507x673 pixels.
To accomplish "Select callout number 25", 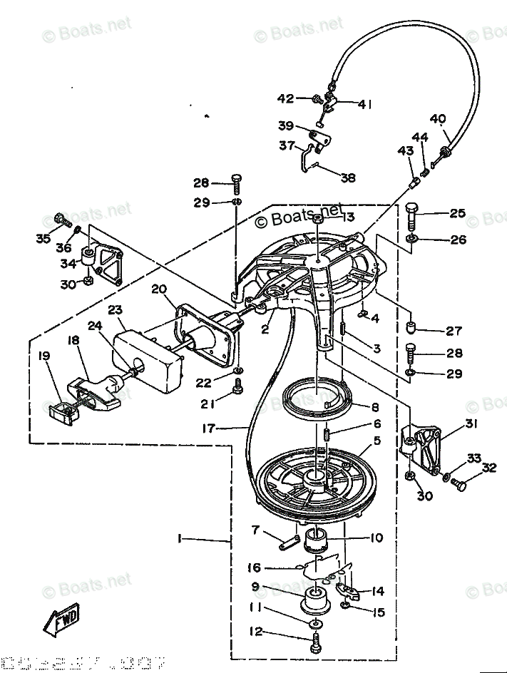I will point(457,212).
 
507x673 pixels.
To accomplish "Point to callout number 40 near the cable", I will point(438,118).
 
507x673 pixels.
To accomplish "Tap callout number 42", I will point(285,98).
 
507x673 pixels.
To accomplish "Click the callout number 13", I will point(347,217).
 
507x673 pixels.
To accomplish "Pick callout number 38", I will point(347,178).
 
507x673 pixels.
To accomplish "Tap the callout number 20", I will point(158,289).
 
